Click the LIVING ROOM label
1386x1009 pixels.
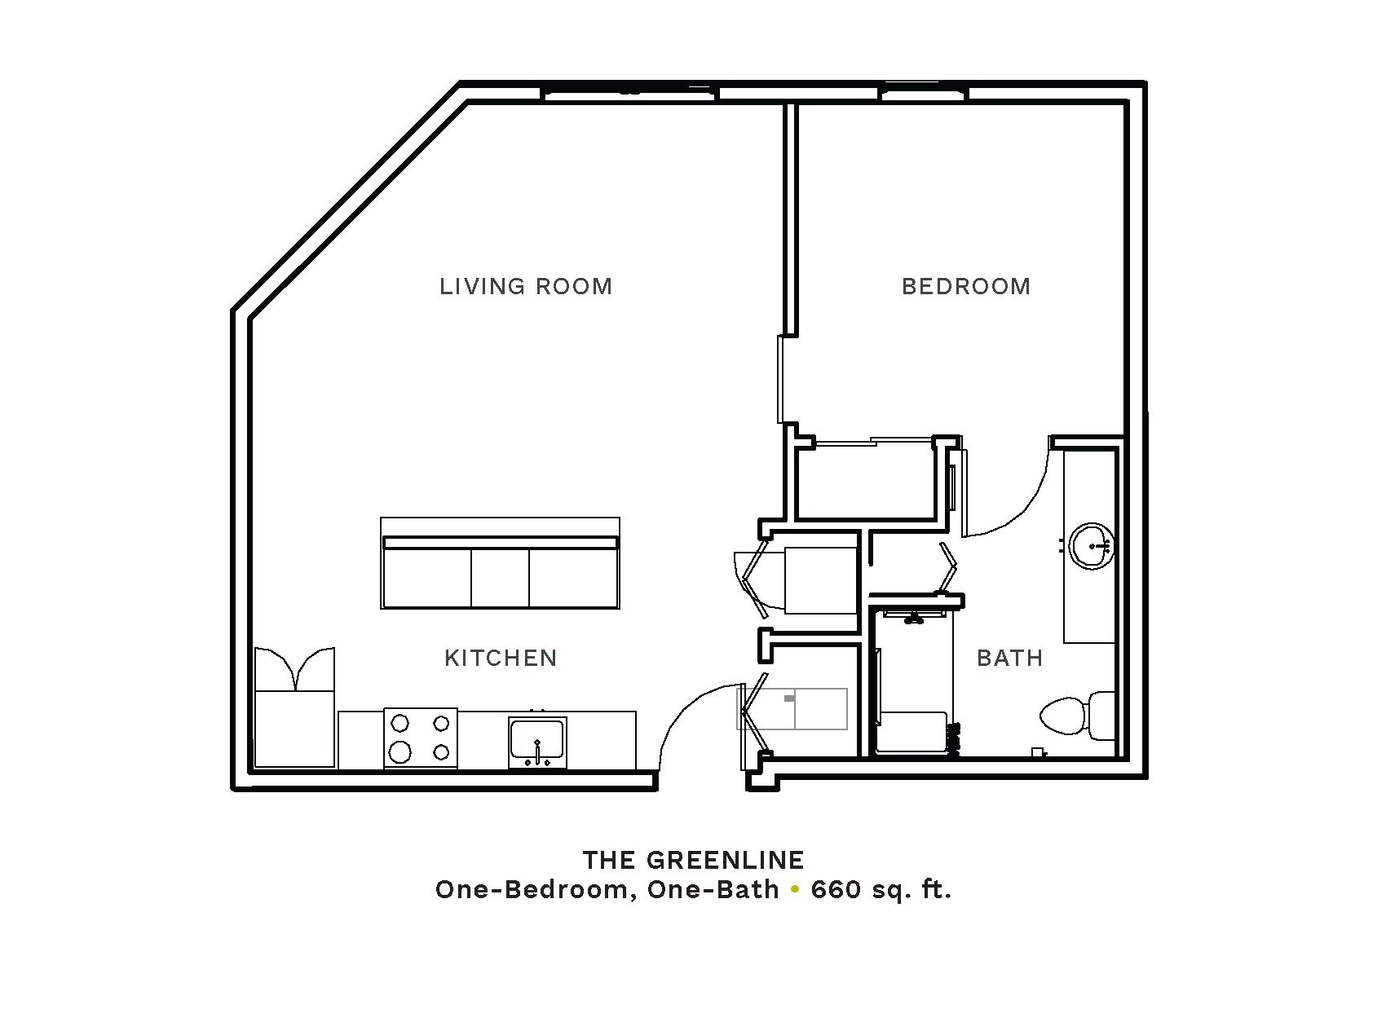[525, 286]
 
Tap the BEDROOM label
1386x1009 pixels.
[966, 286]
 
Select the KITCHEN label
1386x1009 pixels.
[501, 658]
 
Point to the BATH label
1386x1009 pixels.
[1010, 658]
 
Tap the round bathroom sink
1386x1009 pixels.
[1092, 546]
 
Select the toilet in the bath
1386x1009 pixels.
[1077, 716]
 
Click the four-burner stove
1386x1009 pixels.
[421, 738]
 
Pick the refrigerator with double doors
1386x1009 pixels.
[294, 707]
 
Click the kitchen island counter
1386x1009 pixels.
[500, 563]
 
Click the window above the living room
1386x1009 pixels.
[630, 94]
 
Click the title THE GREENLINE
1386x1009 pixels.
[694, 860]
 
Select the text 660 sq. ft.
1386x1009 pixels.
[881, 890]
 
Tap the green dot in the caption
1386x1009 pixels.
[795, 890]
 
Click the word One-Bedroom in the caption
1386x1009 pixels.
[536, 890]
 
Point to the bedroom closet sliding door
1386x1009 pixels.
[874, 441]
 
